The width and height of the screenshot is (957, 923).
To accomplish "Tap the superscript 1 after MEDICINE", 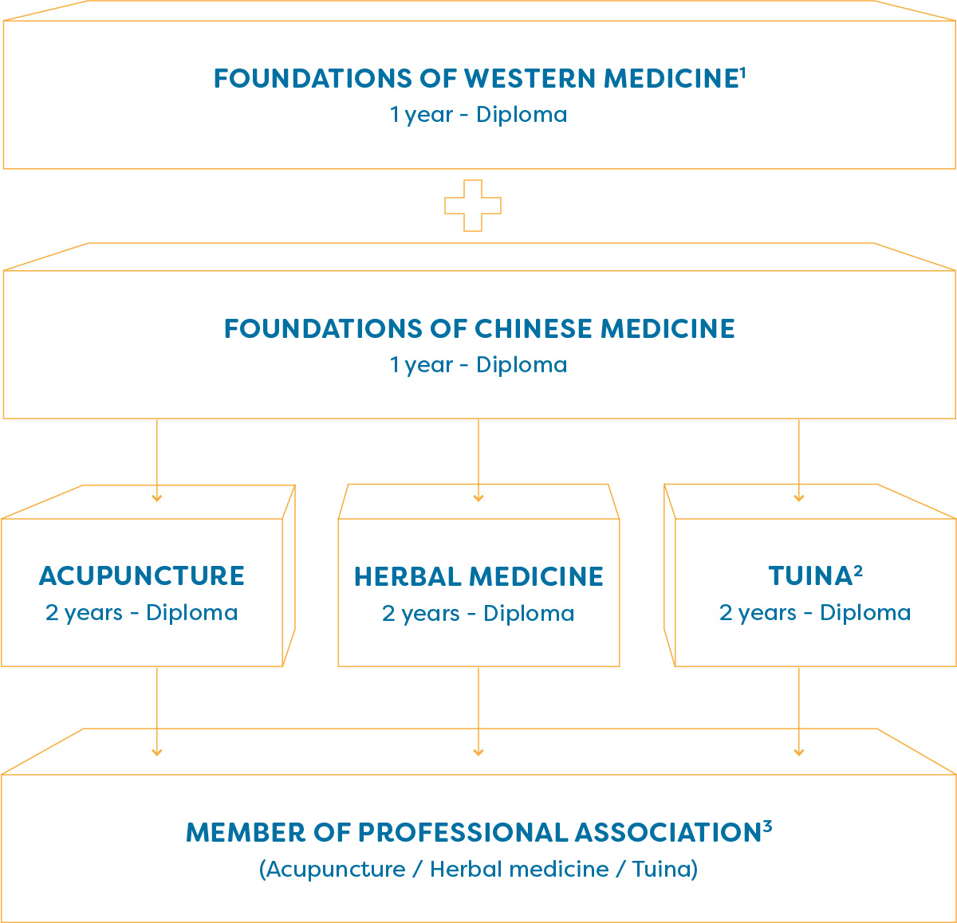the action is click(742, 73).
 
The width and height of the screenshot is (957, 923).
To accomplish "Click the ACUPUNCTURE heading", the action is click(142, 576).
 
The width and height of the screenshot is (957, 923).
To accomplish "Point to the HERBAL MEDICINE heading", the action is click(478, 576).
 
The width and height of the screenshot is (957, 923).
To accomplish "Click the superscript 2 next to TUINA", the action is click(858, 571).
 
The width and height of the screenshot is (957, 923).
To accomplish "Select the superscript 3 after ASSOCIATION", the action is click(767, 827).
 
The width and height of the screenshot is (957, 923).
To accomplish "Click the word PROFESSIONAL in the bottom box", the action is click(463, 833).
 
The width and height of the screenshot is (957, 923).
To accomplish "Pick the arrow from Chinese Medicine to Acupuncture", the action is click(157, 461).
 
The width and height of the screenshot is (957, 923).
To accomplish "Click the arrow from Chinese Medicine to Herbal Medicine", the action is click(478, 461).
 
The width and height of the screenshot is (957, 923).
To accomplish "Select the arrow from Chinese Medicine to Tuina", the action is click(799, 461).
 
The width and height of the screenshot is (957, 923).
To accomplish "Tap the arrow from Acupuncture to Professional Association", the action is click(157, 712).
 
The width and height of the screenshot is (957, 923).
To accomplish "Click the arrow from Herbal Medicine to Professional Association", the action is click(478, 712).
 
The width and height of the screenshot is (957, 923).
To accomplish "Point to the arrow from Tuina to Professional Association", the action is click(799, 712).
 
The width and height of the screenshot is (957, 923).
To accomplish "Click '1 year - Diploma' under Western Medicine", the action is click(478, 115).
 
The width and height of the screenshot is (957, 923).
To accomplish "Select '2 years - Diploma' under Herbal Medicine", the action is click(478, 614).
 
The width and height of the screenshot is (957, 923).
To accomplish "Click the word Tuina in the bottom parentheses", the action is click(661, 869).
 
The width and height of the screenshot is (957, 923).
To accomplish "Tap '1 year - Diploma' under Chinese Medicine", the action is click(478, 365).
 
